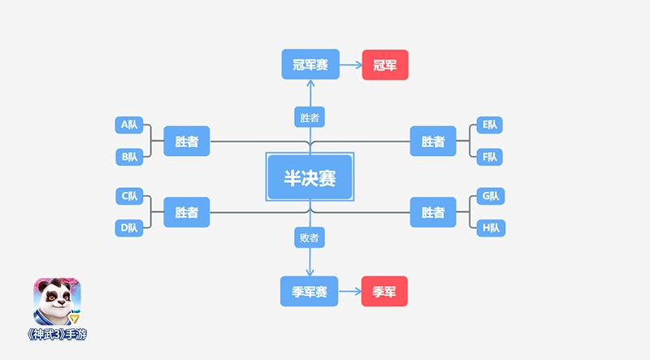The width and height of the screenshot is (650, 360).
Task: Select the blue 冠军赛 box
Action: (310, 65)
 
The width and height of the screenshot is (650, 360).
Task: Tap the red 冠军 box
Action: (385, 65)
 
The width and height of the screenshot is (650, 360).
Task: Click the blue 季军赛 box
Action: (310, 291)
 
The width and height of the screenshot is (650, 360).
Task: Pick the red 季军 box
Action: (384, 291)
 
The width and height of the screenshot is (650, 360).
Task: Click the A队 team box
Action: (129, 125)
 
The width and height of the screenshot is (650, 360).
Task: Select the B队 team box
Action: (129, 156)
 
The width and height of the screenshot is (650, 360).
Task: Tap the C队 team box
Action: (129, 196)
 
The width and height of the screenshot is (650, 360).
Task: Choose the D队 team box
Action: (129, 228)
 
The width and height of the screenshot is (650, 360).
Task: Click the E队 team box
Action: (490, 125)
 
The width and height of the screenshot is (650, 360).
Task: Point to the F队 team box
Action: (490, 156)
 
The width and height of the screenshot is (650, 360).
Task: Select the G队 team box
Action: (490, 196)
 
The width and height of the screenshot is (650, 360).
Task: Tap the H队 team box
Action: (490, 228)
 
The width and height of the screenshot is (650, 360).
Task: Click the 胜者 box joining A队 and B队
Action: (187, 141)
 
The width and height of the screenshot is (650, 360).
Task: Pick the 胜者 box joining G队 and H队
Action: (433, 212)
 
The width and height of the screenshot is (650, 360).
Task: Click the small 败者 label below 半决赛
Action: (310, 237)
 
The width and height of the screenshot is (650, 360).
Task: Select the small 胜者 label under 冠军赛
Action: (310, 117)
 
